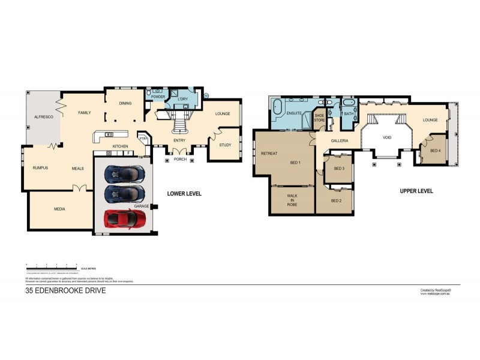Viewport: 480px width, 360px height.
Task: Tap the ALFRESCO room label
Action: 43,118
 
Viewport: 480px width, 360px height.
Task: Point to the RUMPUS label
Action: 40,168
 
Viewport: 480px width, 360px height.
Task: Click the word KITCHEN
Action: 121,146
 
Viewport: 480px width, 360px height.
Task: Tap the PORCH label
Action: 180,160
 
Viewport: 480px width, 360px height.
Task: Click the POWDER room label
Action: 158,97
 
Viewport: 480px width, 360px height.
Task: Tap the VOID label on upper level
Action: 387,137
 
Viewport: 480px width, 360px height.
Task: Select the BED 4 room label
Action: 436,150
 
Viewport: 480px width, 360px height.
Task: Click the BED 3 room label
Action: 339,169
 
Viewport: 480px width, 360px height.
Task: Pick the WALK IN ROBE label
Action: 293,200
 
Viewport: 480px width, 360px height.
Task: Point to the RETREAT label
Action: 269,154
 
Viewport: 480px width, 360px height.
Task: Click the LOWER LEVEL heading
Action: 184,194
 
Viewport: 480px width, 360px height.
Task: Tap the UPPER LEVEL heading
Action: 416,190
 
